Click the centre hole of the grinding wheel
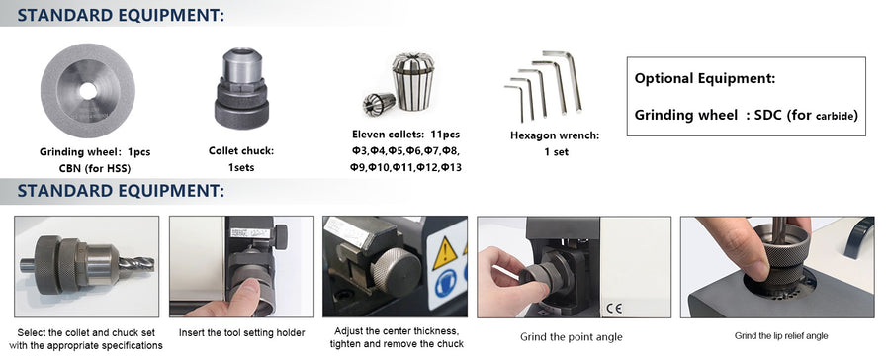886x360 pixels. pyautogui.click(x=88, y=91)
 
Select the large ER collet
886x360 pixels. pyautogui.click(x=413, y=81)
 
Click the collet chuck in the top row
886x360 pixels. pyautogui.click(x=242, y=89)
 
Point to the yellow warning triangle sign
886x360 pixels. pyautogui.click(x=445, y=254)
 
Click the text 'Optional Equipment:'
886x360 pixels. pyautogui.click(x=705, y=78)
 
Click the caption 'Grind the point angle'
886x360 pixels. pyautogui.click(x=572, y=337)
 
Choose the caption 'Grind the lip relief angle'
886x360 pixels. pyautogui.click(x=781, y=336)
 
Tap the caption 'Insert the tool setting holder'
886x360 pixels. pyautogui.click(x=242, y=333)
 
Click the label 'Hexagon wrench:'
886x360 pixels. pyautogui.click(x=555, y=135)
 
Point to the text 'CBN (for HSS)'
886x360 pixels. pyautogui.click(x=95, y=168)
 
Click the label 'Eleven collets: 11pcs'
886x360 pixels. pyautogui.click(x=405, y=135)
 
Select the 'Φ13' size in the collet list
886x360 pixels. pyautogui.click(x=451, y=167)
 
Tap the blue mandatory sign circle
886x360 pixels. pyautogui.click(x=446, y=284)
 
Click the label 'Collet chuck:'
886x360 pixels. pyautogui.click(x=241, y=151)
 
